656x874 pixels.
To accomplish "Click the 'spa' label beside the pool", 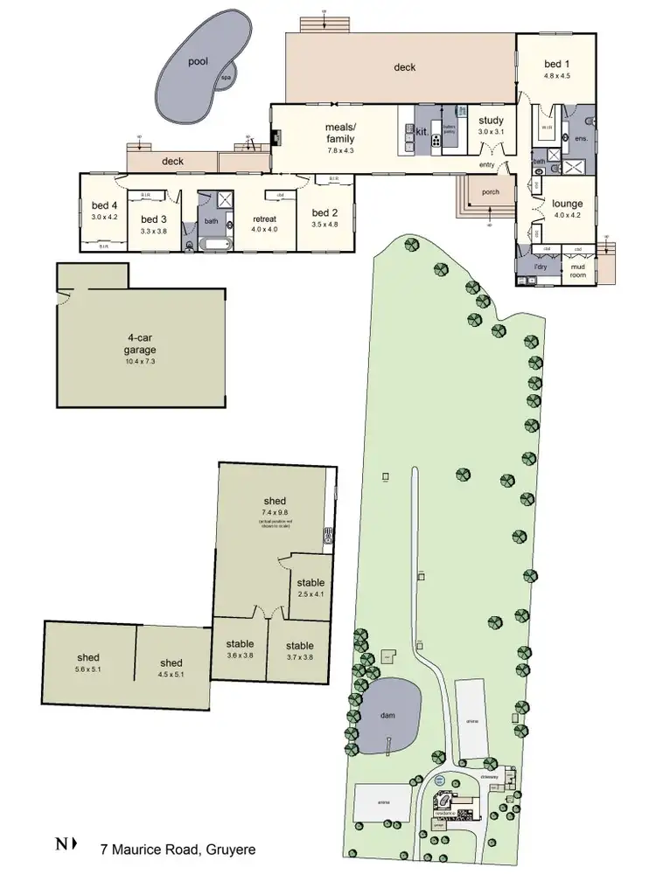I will (225, 78).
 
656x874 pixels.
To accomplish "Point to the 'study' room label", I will (491, 121).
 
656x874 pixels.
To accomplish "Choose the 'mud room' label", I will (577, 270).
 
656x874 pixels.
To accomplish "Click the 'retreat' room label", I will (264, 218).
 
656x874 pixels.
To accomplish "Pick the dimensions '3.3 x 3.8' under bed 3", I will (153, 232).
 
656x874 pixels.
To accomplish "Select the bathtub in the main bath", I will (213, 246).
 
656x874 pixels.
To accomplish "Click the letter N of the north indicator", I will (60, 844).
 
